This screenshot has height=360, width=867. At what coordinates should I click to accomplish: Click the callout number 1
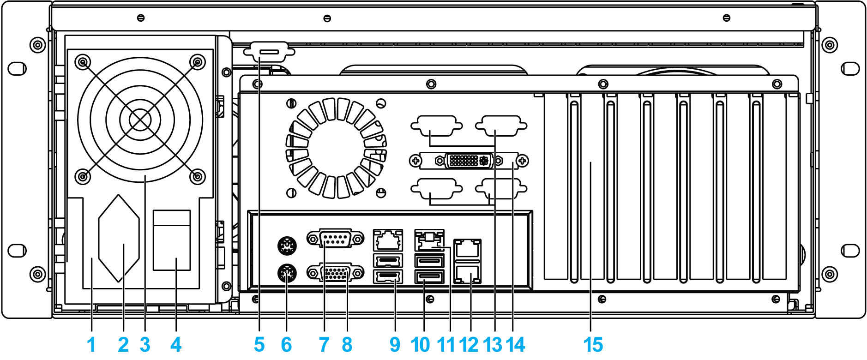(91, 345)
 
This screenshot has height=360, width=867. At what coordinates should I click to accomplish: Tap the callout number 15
(593, 345)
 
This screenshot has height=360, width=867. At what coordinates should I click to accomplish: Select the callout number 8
(347, 345)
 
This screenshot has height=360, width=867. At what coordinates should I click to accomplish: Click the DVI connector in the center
(468, 161)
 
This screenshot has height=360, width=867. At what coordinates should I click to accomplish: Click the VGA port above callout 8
(336, 273)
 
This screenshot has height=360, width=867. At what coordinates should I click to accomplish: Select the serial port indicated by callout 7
(336, 239)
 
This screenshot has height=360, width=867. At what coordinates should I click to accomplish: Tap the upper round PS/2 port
(287, 245)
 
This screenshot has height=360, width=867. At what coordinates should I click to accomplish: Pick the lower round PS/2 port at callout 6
(287, 274)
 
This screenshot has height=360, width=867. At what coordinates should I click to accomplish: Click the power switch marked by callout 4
(172, 240)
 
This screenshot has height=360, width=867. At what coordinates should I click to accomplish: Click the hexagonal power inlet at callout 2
(119, 239)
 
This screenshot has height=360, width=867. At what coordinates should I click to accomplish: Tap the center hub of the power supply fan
(140, 120)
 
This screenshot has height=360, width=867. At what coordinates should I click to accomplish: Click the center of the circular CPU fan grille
(336, 148)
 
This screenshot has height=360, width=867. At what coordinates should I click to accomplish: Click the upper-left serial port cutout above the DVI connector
(436, 126)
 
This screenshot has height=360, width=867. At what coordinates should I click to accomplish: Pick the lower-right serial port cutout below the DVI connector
(501, 188)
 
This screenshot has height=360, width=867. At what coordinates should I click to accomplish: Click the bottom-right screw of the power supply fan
(198, 176)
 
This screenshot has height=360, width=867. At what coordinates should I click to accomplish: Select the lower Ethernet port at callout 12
(468, 274)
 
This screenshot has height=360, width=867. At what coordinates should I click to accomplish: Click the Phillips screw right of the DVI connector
(522, 161)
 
